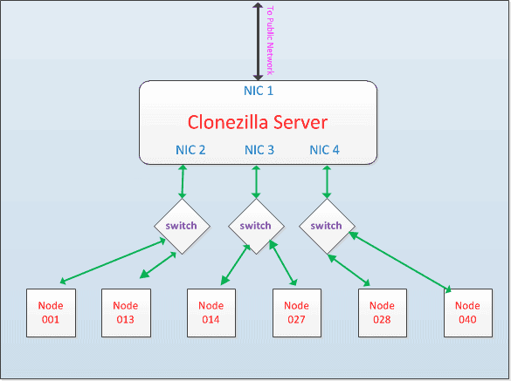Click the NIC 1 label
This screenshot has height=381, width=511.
(259, 91)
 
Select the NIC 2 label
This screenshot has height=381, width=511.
(190, 150)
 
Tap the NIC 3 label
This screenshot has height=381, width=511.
(259, 150)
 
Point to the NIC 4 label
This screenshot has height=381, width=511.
(324, 150)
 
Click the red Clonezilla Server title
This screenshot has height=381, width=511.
(258, 122)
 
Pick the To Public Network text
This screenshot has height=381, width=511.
(270, 41)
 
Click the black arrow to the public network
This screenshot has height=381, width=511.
(258, 41)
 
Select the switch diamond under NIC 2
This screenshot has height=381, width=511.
(182, 226)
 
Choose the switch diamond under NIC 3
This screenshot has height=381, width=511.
(256, 226)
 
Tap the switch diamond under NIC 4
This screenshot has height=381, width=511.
(327, 226)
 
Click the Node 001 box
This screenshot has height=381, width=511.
(51, 313)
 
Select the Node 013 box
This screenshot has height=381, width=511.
(126, 313)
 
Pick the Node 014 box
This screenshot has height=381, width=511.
(211, 313)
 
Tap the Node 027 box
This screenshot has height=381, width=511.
(297, 313)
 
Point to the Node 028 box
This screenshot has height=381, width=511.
(383, 313)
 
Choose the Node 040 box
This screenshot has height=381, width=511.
(468, 313)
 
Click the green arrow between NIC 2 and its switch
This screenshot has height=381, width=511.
(183, 181)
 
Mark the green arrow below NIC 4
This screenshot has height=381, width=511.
(327, 182)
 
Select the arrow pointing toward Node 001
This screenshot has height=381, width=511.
(113, 261)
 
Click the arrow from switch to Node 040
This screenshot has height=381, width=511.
(400, 261)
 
